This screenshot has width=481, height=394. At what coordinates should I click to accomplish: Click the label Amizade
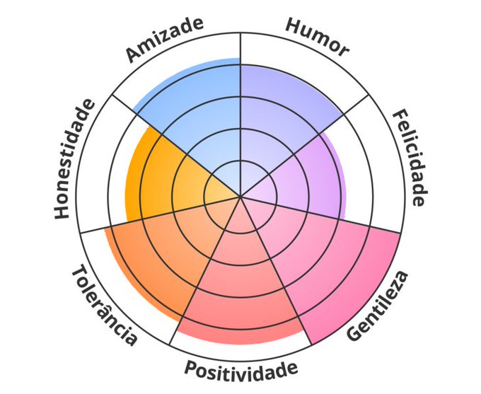165,39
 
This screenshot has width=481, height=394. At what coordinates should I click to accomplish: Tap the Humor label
318,37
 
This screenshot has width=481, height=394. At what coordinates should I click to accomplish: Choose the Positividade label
240,369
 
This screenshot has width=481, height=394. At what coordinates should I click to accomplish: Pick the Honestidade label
74,159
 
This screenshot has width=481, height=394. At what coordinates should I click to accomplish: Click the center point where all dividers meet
240,196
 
